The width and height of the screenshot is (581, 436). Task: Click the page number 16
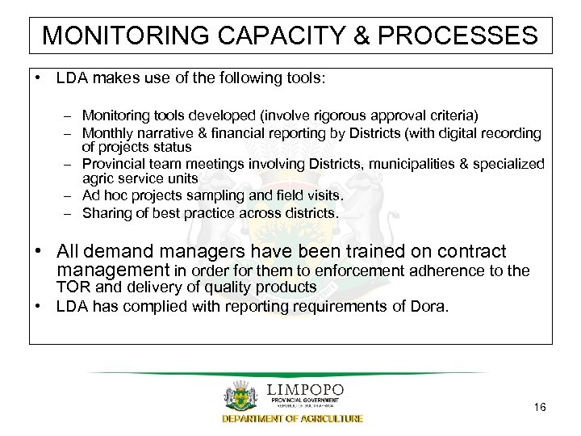[x=540, y=407]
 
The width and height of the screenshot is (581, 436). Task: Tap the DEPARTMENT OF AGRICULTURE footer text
[x=292, y=418]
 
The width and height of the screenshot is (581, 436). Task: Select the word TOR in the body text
[x=70, y=287]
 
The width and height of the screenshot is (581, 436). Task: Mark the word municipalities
[x=408, y=164]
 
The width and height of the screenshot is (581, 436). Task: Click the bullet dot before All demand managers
[x=38, y=252]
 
